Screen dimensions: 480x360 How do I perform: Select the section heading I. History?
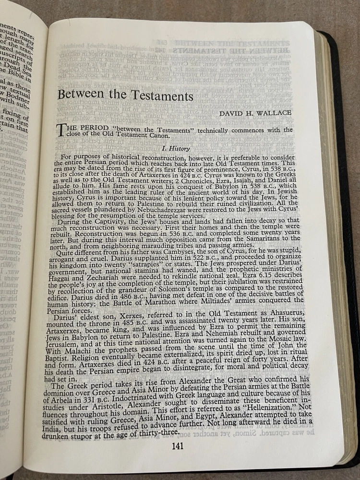pyautogui.click(x=176, y=149)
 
